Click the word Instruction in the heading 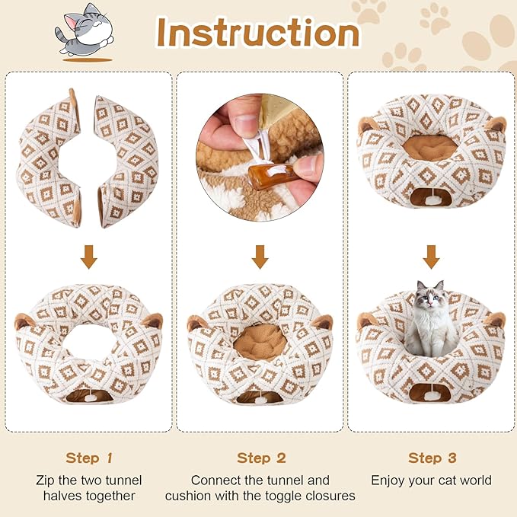tap(257, 32)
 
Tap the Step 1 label tap(88, 458)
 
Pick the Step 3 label tap(431, 458)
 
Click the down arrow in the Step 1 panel tap(89, 259)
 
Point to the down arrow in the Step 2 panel tap(260, 259)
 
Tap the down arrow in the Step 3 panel tap(432, 259)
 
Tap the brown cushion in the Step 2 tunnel tap(260, 341)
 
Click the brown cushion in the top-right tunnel tap(430, 146)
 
